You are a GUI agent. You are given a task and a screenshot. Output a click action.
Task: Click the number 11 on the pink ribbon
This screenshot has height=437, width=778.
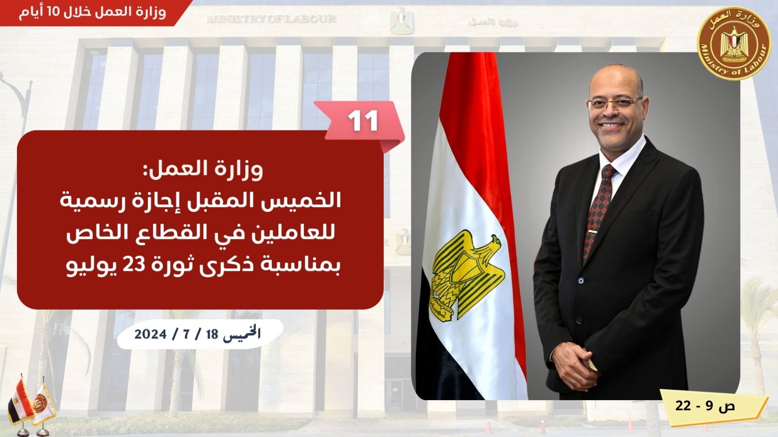[x=363, y=120]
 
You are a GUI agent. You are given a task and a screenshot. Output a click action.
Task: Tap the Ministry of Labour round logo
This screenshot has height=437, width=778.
[x=734, y=44]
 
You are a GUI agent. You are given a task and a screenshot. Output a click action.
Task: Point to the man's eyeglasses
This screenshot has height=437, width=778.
[x=614, y=103]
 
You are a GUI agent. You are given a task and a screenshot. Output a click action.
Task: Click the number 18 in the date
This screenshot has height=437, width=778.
[x=212, y=335]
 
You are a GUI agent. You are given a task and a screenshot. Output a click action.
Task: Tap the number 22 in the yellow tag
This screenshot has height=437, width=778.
[x=683, y=405]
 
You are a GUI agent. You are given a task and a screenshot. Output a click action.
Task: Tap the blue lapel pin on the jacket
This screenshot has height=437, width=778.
[x=581, y=280]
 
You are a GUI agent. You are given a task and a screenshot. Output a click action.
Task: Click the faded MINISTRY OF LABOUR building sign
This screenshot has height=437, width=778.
[x=271, y=19]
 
